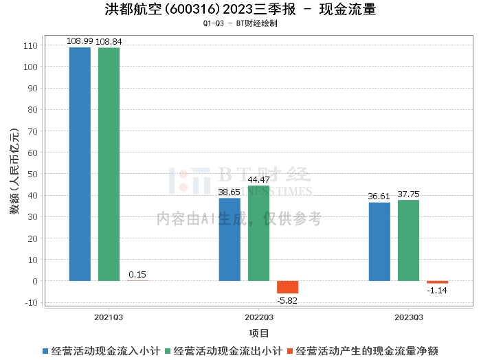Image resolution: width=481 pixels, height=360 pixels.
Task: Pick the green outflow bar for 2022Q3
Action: pyautogui.click(x=259, y=233)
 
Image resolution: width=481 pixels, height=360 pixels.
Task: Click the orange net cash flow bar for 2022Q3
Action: pyautogui.click(x=288, y=287)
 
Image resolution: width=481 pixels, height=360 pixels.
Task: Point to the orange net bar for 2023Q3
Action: pyautogui.click(x=437, y=282)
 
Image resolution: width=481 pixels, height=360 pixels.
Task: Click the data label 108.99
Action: pyautogui.click(x=79, y=41)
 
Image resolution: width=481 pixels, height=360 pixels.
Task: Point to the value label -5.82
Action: pyautogui.click(x=288, y=300)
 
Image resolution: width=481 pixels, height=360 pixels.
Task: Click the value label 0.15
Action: pyautogui.click(x=137, y=275)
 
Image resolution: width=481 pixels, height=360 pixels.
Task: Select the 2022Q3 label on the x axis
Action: pyautogui.click(x=259, y=317)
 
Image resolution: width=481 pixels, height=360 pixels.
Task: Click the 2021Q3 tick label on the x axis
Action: pyautogui.click(x=109, y=317)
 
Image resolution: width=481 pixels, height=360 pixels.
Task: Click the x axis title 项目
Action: pyautogui.click(x=259, y=333)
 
